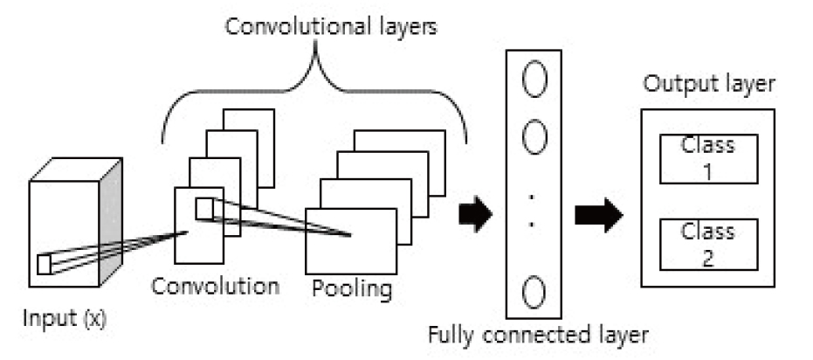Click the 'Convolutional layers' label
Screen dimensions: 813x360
[x=331, y=27]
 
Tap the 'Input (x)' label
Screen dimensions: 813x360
[x=65, y=318]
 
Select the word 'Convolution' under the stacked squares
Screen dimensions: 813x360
[x=215, y=286]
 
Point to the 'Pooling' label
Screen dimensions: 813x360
[x=352, y=289]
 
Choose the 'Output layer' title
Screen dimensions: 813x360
[x=709, y=84]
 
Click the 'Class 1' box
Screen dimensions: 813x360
[x=709, y=159]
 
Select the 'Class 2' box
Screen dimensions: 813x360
[x=709, y=245]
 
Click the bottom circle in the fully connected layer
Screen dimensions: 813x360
[x=534, y=293]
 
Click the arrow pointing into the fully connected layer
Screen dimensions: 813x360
[x=475, y=214]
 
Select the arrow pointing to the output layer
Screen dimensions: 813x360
[x=599, y=214]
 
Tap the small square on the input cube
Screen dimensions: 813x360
[x=44, y=265]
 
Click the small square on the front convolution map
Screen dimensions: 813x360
[x=204, y=209]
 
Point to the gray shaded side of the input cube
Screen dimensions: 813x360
[x=110, y=221]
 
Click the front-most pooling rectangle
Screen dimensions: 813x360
[x=351, y=241]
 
